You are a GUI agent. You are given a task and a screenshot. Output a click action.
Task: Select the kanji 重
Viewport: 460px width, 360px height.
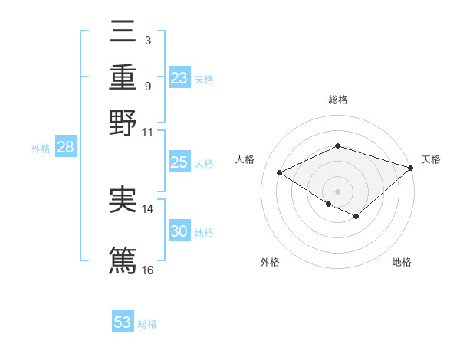(x=123, y=77)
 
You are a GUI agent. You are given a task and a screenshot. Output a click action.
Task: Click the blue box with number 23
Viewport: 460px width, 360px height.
(x=179, y=78)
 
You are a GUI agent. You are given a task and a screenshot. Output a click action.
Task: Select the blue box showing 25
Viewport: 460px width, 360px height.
(x=179, y=162)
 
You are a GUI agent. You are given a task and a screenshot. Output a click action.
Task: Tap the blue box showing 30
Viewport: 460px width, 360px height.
(x=179, y=231)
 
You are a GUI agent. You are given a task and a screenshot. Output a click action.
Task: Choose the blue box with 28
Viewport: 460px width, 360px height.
(x=65, y=148)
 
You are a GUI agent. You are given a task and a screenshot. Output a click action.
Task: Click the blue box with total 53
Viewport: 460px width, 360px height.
(x=123, y=322)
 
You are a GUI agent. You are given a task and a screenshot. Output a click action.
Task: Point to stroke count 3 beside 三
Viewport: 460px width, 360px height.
(x=147, y=38)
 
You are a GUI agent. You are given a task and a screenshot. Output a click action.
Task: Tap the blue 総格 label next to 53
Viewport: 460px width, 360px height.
(x=147, y=324)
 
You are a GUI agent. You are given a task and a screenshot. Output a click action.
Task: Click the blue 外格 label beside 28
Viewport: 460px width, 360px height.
(x=40, y=149)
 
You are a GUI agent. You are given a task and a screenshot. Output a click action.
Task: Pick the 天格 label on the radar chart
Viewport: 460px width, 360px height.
(x=431, y=159)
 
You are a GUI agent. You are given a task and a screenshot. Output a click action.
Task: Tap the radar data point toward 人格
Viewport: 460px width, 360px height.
(x=280, y=173)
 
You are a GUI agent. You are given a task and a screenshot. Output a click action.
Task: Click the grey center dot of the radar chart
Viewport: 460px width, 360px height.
(x=337, y=191)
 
